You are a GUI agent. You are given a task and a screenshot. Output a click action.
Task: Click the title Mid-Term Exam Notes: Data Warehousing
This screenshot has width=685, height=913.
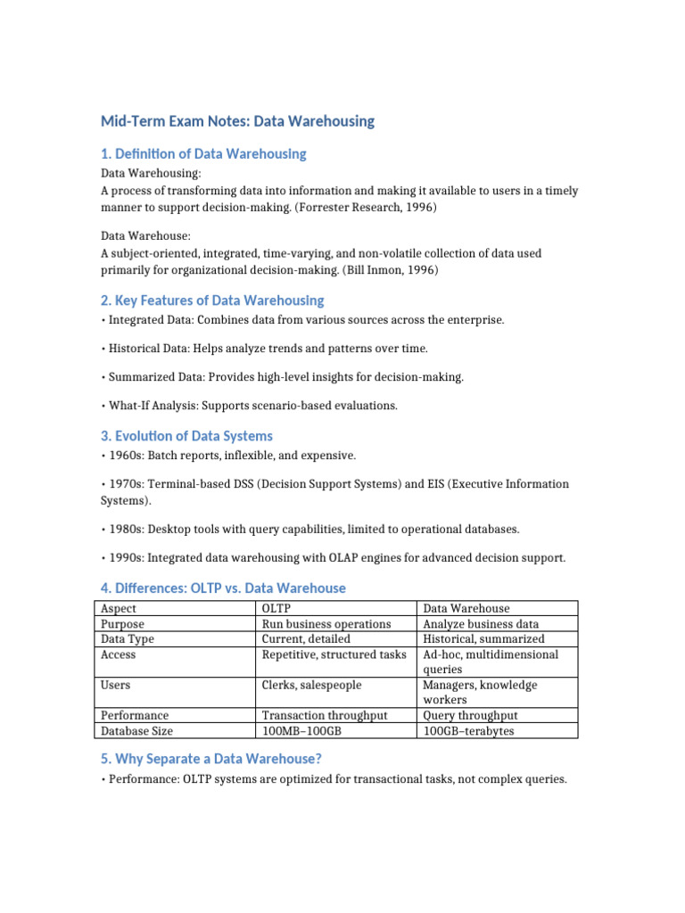237,120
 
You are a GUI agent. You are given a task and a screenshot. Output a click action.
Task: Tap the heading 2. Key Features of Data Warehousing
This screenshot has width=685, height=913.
211,300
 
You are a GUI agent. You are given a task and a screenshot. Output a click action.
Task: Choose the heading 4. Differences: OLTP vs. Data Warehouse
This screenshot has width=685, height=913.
222,588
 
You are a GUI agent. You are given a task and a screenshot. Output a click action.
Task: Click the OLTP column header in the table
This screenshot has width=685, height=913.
277,609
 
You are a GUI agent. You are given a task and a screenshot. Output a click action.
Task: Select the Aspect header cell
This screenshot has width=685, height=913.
120,609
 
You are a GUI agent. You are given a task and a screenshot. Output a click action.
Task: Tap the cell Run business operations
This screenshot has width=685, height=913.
326,624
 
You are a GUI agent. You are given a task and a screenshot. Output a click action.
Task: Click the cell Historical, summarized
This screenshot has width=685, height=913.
483,639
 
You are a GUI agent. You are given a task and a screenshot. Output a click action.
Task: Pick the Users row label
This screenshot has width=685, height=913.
116,685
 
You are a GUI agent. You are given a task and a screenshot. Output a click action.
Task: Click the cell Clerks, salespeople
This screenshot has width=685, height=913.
311,685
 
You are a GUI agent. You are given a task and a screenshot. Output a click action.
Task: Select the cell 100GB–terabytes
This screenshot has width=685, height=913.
468,731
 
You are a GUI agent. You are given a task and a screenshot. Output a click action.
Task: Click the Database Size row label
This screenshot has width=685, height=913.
137,731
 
